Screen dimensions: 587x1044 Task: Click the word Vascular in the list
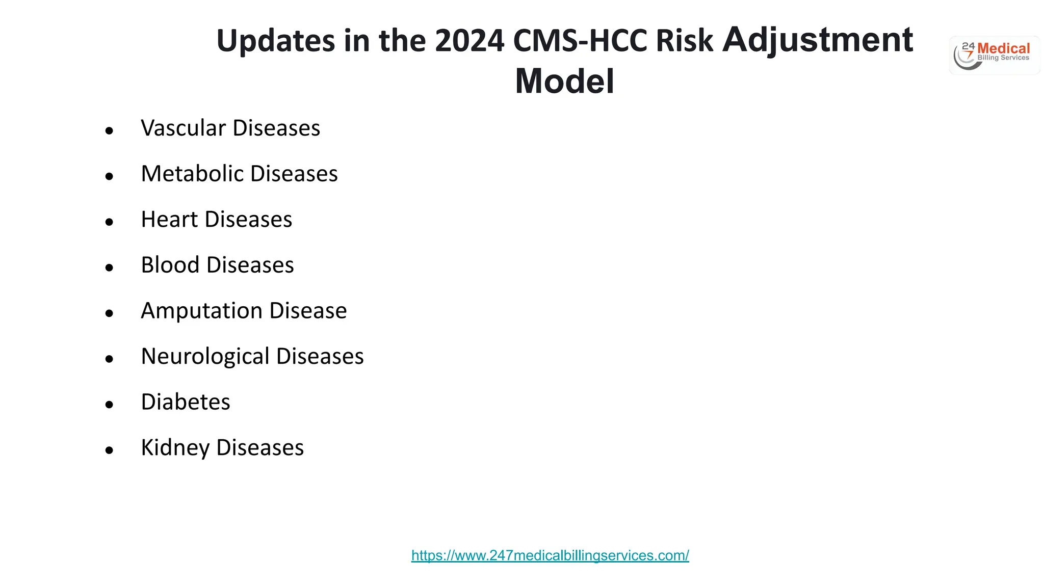[x=183, y=128]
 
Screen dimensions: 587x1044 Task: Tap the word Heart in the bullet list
[x=169, y=220]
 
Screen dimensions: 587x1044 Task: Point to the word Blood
[x=170, y=265]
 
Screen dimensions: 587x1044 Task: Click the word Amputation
[x=201, y=311]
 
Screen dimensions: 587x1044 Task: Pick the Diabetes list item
[x=186, y=402]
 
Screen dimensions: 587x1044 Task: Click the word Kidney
[x=175, y=448]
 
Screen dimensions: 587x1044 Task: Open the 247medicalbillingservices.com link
[x=550, y=555]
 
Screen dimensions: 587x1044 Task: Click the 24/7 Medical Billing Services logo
[x=994, y=55]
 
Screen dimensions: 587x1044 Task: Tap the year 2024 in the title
[x=469, y=41]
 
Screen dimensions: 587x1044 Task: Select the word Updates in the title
[x=276, y=41]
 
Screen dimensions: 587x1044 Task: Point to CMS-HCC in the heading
[x=580, y=41]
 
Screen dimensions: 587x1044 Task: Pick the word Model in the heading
[x=564, y=82]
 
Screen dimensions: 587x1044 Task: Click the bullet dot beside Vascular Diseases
[x=109, y=131]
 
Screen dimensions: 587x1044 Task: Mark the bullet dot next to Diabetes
[x=109, y=405]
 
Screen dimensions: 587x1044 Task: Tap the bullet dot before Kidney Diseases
[x=109, y=450]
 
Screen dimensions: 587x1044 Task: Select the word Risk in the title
[x=684, y=41]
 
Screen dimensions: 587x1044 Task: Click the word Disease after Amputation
[x=308, y=311]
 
